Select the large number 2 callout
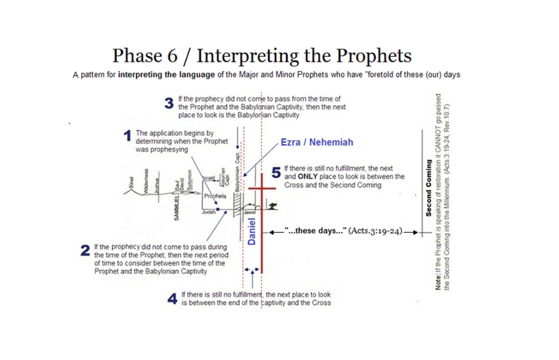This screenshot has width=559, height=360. [x=85, y=251]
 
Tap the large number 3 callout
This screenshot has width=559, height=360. [x=169, y=103]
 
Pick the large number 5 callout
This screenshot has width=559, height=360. [x=276, y=172]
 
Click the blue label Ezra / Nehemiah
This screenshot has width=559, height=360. [x=317, y=142]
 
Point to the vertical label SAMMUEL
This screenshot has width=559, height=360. [x=176, y=207]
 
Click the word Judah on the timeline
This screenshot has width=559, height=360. [x=209, y=212]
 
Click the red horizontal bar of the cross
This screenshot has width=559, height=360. [x=262, y=188]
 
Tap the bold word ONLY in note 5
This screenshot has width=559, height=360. [x=307, y=176]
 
